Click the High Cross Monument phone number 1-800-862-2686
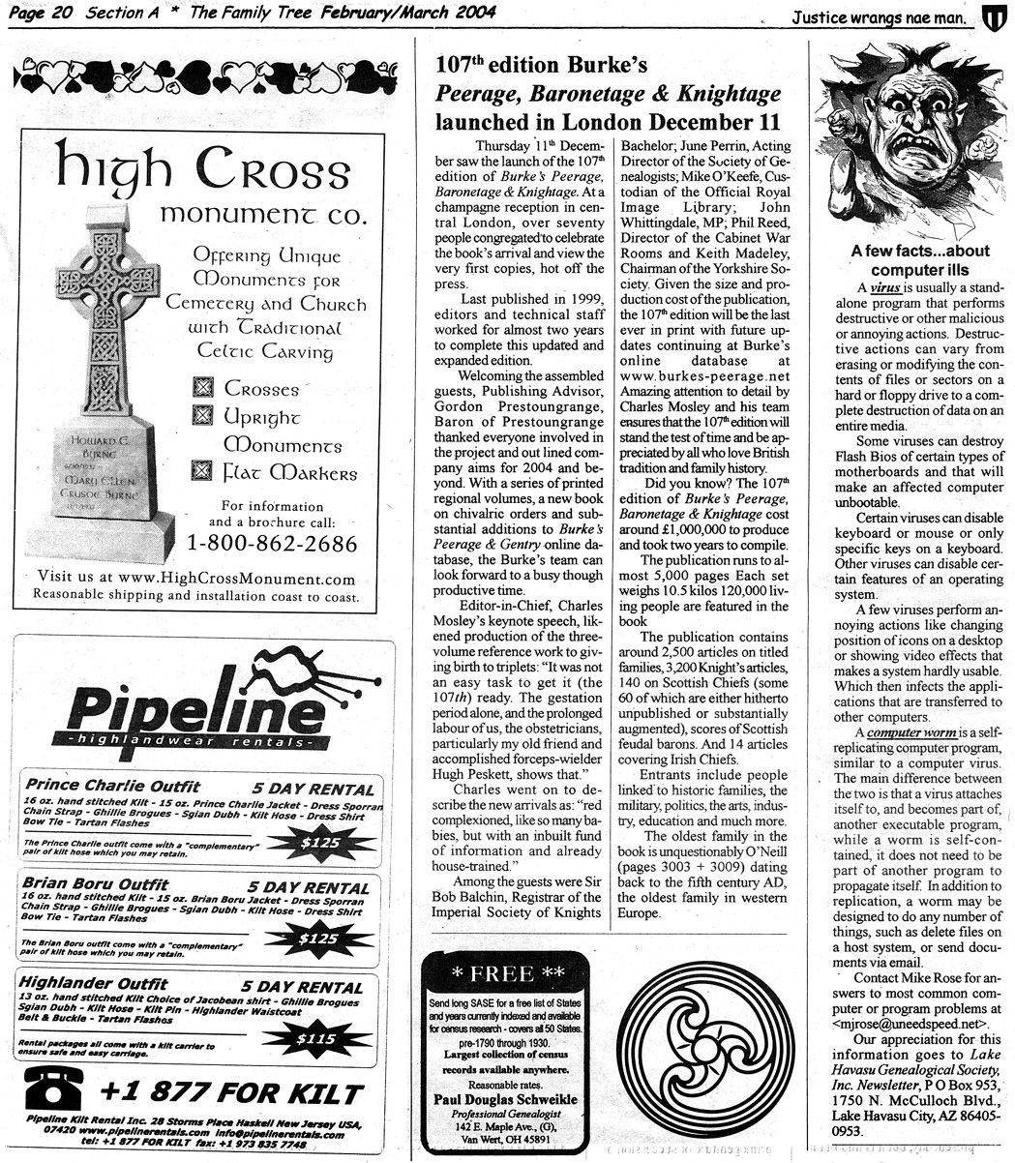272,543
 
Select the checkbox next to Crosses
202,389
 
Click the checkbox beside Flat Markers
202,473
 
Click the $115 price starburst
316,1039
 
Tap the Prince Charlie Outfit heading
112,786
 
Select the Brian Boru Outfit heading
95,884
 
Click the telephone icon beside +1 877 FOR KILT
53,1092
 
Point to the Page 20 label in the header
38,13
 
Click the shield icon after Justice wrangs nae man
995,15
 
